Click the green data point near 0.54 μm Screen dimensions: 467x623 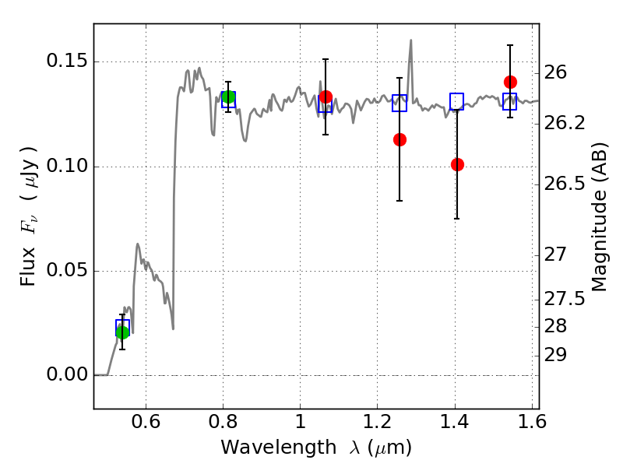[122, 332]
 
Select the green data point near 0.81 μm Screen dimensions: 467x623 [228, 97]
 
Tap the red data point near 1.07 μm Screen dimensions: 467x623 [326, 97]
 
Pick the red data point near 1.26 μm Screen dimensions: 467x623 [399, 139]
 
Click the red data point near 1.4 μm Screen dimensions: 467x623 [457, 164]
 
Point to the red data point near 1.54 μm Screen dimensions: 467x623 [510, 82]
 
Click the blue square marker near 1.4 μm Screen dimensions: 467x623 [457, 101]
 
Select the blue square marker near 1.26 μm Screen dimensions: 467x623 [399, 103]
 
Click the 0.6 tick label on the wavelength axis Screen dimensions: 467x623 [146, 425]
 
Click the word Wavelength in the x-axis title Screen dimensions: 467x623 [265, 448]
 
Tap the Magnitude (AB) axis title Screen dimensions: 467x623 [600, 216]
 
